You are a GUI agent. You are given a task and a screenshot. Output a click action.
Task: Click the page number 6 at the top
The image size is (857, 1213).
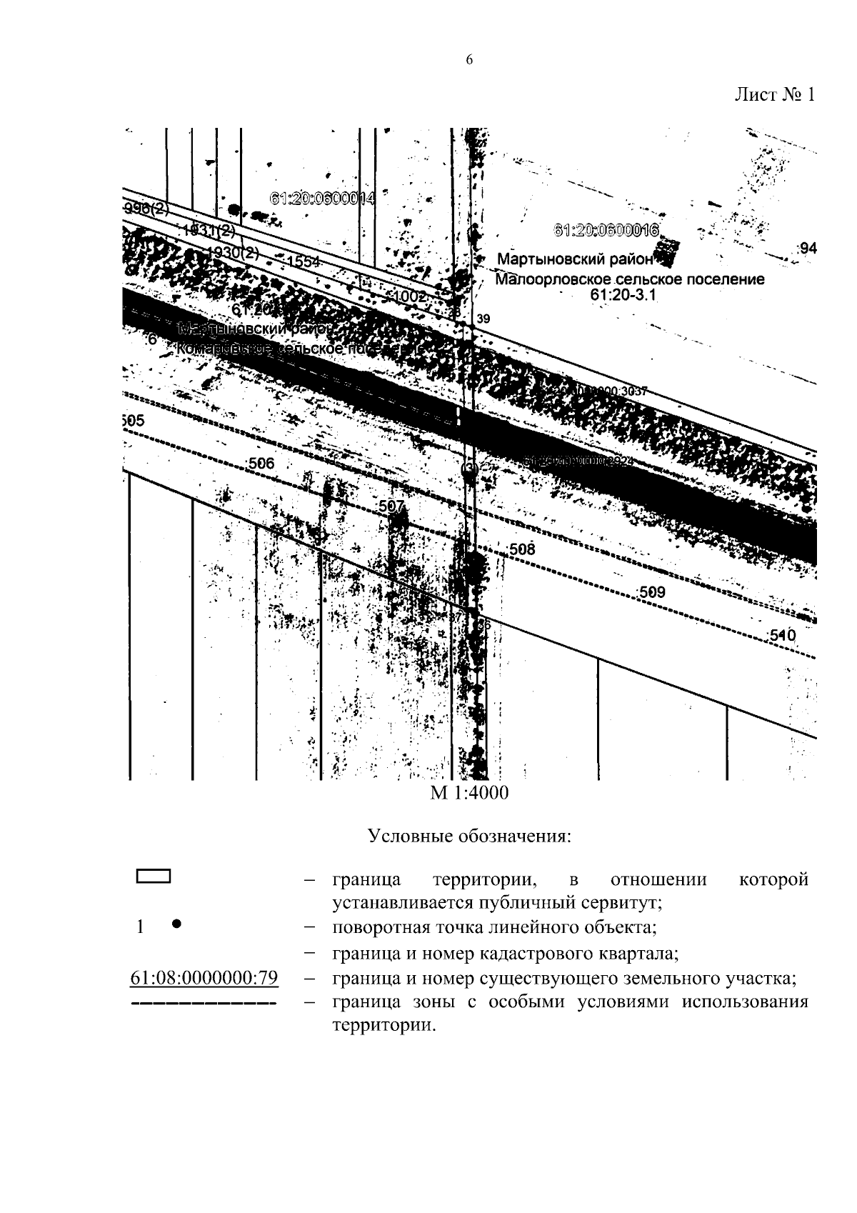(x=469, y=61)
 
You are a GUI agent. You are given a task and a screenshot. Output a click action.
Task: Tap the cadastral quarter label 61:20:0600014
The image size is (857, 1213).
(x=322, y=199)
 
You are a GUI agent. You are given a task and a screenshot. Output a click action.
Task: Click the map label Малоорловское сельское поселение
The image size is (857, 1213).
(x=629, y=279)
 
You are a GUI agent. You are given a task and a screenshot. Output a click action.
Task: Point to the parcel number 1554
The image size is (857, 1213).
(x=303, y=262)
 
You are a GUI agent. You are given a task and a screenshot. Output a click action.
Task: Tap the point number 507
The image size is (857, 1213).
(x=391, y=506)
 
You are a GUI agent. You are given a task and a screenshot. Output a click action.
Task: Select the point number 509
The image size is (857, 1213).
(x=651, y=592)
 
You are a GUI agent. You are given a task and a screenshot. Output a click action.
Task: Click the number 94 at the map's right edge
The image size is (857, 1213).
(x=808, y=249)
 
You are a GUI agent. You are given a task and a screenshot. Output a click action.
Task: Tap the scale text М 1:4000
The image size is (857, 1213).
(x=469, y=793)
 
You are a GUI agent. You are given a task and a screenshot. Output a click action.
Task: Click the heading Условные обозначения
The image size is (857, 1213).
(x=469, y=836)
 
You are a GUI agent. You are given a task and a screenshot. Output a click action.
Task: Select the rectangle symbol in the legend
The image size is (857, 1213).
(x=153, y=877)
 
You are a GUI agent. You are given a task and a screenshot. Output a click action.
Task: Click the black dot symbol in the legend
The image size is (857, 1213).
(x=176, y=923)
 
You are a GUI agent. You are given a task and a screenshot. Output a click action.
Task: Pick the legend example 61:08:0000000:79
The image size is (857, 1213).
(x=204, y=978)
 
